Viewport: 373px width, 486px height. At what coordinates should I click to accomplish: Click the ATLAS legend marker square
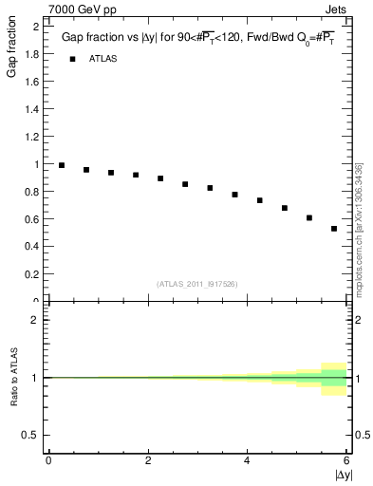pyautogui.click(x=72, y=59)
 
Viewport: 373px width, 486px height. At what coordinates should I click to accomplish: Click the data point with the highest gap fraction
pyautogui.click(x=62, y=165)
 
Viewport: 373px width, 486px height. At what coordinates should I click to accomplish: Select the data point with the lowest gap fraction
pyautogui.click(x=334, y=229)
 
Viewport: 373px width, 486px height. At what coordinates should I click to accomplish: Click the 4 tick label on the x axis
pyautogui.click(x=247, y=460)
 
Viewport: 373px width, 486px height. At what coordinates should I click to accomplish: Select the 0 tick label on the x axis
pyautogui.click(x=48, y=460)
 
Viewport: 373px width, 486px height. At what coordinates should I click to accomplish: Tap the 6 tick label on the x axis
pyautogui.click(x=346, y=460)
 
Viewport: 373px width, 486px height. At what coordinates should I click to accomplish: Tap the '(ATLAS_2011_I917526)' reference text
pyautogui.click(x=197, y=284)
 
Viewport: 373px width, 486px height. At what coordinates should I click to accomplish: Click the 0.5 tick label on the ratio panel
pyautogui.click(x=31, y=435)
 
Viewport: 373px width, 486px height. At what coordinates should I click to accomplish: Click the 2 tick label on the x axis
pyautogui.click(x=148, y=460)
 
